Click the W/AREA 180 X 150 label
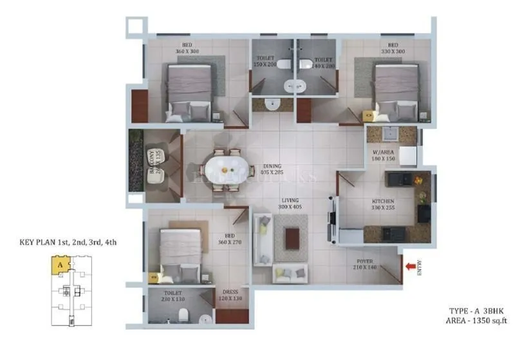coord(384,158)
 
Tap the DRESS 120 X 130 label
coord(229,294)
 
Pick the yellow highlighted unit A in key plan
coord(59,263)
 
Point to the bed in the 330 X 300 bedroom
coord(394,90)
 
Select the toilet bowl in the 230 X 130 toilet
coord(183,314)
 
